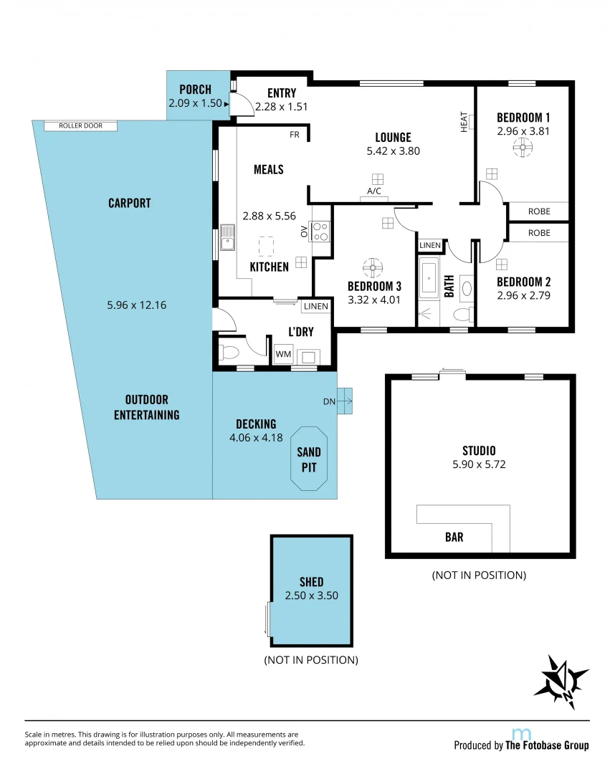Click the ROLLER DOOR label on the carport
(x=81, y=126)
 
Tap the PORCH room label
(x=195, y=90)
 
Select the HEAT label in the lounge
(x=464, y=122)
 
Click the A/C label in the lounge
(x=373, y=191)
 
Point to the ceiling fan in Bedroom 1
(x=523, y=148)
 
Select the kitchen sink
(x=227, y=238)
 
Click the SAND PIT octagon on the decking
(x=309, y=460)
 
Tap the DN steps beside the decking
(x=344, y=401)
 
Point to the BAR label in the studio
(x=454, y=537)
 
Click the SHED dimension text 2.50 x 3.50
(x=311, y=595)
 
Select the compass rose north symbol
(x=561, y=677)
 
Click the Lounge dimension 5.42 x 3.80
(x=393, y=151)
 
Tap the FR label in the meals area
(x=294, y=134)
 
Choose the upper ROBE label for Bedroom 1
(x=539, y=211)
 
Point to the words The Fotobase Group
(x=547, y=745)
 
